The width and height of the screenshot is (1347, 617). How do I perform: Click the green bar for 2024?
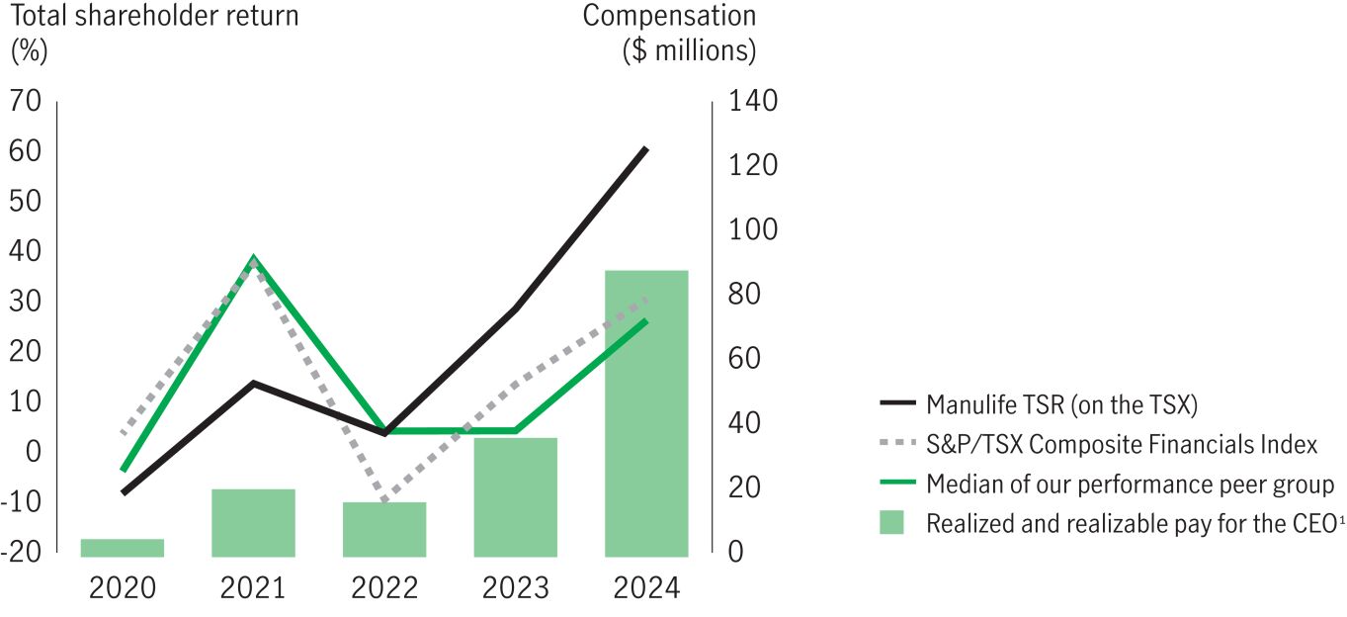[646, 413]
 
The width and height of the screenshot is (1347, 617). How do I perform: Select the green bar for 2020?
[123, 548]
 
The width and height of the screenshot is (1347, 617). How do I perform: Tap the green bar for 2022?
[384, 529]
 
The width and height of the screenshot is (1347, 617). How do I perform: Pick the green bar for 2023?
[516, 496]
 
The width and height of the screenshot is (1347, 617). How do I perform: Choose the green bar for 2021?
[253, 522]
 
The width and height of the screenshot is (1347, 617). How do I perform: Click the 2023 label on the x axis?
[516, 588]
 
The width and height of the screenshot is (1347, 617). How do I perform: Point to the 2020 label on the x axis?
[123, 588]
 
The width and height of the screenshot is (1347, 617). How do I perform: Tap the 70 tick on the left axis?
[27, 101]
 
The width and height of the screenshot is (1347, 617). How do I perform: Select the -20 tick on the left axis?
[23, 552]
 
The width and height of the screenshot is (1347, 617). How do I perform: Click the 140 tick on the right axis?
[753, 101]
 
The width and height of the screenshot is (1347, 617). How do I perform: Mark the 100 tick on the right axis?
[753, 229]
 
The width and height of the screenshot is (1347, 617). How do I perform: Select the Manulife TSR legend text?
[1061, 403]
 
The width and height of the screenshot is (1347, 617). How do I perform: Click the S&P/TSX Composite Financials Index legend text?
[1121, 444]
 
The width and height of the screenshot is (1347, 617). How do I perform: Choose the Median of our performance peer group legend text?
[1130, 485]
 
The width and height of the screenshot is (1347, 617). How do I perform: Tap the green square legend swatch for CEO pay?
[890, 523]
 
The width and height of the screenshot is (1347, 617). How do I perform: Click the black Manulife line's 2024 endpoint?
[646, 148]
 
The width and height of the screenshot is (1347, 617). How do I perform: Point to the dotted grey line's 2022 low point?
[384, 499]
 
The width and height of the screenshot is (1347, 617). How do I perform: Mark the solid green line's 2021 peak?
[254, 257]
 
